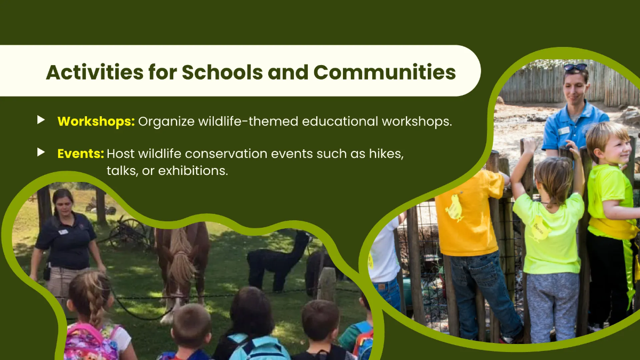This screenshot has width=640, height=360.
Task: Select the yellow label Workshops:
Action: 95,121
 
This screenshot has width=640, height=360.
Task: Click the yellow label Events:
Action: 81,154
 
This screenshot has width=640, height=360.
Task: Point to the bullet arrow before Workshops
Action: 41,121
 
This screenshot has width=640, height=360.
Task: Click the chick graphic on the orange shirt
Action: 454,208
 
